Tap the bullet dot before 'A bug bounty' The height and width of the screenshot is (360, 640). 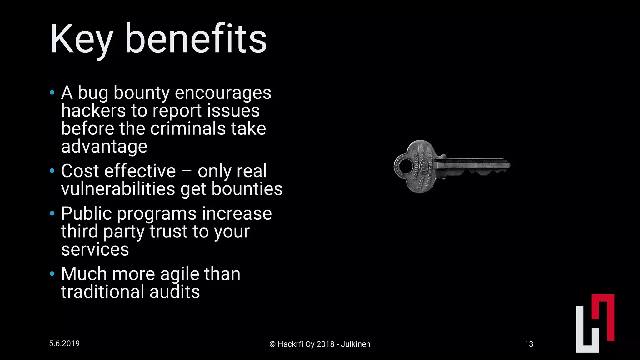(x=52, y=92)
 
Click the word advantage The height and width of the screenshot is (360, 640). (x=104, y=146)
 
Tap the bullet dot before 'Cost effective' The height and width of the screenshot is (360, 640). (x=52, y=171)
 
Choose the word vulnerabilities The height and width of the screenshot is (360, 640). (x=118, y=189)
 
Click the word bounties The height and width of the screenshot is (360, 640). (x=247, y=189)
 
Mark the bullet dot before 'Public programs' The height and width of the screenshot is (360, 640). (x=52, y=213)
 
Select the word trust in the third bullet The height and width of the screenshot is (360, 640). (x=168, y=232)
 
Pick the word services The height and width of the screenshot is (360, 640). (x=95, y=249)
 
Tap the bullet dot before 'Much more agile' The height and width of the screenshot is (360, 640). (x=52, y=274)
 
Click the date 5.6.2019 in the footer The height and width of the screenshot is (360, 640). (x=64, y=343)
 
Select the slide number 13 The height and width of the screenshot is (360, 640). (x=529, y=344)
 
